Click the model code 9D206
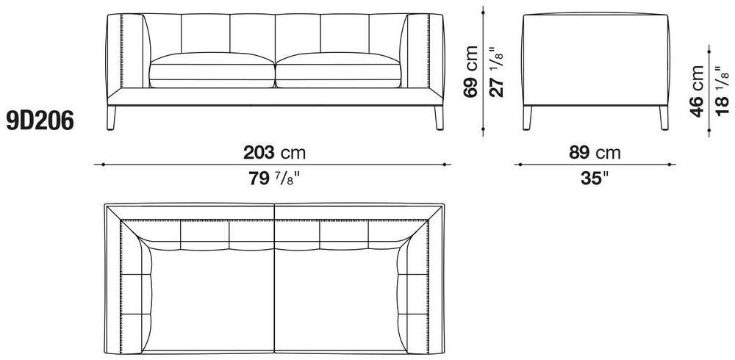coord(40,121)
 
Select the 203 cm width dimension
coord(274,152)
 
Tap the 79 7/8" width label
coord(274,178)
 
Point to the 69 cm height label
coord(470,71)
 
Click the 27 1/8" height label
coord(496,71)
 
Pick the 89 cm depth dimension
coord(595,152)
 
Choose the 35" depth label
coord(595,178)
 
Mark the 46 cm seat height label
coord(697,91)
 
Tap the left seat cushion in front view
coord(212,71)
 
